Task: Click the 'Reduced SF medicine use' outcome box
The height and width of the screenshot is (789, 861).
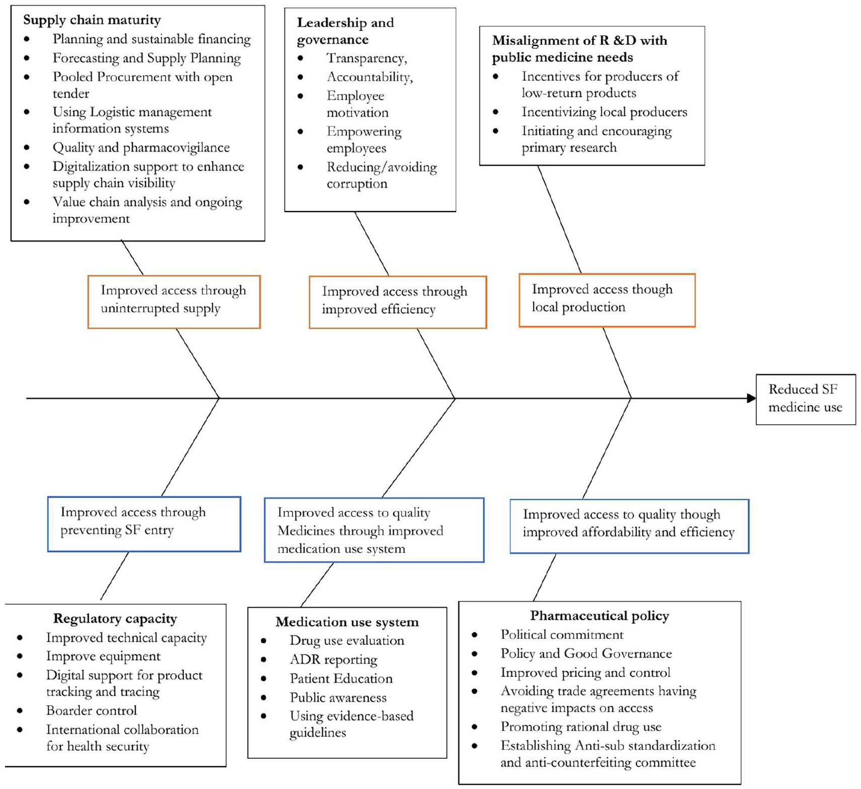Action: pos(805,399)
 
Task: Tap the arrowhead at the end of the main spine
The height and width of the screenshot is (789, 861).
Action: pos(751,398)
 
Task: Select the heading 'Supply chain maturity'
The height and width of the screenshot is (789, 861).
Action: pos(92,20)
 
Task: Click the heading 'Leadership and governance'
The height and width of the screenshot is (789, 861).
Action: pos(345,31)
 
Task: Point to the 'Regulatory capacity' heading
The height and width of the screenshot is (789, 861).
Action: pos(115,619)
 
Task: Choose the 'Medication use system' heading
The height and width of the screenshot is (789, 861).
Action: pos(347,622)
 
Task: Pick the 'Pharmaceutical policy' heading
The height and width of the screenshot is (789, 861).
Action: pos(600,616)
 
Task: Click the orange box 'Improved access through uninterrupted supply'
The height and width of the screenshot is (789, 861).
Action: pos(174,302)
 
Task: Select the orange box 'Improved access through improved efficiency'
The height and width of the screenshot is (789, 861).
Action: pos(398,302)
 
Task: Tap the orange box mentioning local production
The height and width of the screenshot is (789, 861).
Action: pos(607,300)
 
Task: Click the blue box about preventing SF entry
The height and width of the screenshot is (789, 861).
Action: pos(144,524)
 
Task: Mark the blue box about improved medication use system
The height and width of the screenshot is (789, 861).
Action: pos(374,530)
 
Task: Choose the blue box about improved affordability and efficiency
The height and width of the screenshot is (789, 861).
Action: pos(629,526)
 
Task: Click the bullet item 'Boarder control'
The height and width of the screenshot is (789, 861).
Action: pos(92,710)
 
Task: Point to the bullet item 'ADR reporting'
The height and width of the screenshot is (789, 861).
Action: pos(333,660)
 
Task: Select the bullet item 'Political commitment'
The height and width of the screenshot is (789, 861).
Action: pos(562,635)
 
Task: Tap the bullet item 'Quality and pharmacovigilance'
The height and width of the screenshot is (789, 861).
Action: pos(141,148)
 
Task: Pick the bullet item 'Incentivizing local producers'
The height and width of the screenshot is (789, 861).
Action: pos(604,112)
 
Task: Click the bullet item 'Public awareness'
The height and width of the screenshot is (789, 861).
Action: pos(338,698)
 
